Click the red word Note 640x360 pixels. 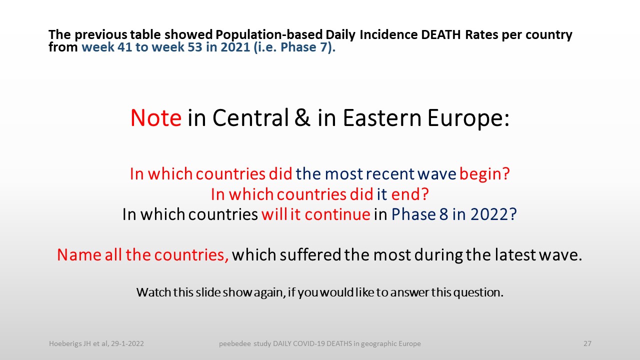pos(155,117)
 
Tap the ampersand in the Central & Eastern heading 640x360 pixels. pos(302,117)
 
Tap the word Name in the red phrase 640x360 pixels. pos(79,254)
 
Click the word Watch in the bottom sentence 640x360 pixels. pos(153,292)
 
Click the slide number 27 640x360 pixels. pos(587,343)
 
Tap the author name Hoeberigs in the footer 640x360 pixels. pos(65,343)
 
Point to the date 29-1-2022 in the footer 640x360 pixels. pos(127,343)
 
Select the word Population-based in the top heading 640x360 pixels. pos(269,35)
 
